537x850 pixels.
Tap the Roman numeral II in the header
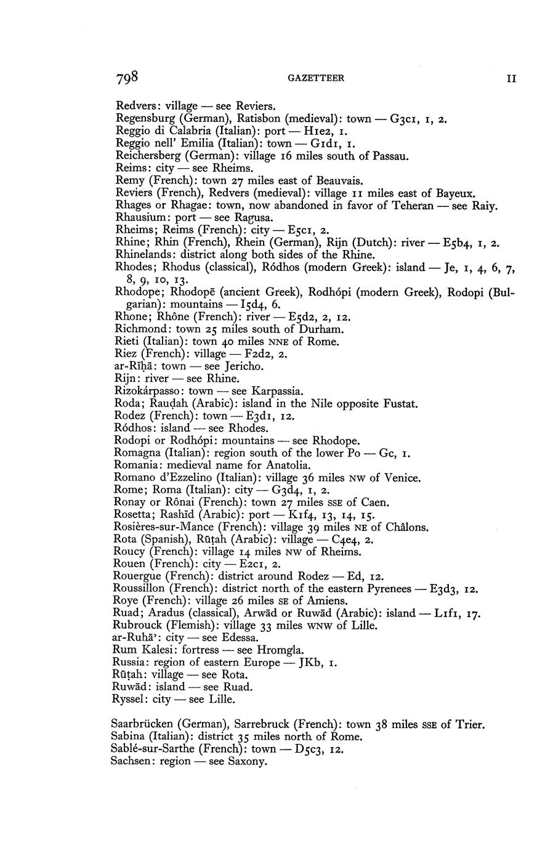(x=511, y=79)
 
